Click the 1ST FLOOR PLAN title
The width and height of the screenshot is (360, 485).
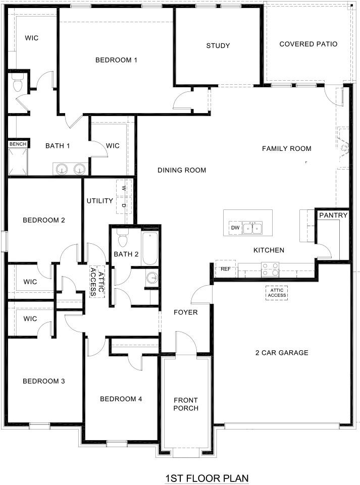207,477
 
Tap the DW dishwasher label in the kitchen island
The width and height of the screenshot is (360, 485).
235,228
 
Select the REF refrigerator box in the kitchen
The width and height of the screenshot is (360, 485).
226,269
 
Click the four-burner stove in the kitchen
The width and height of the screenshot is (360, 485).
270,269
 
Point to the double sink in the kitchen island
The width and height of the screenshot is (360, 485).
252,228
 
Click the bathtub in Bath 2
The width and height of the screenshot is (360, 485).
150,248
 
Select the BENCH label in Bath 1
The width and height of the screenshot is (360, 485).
18,144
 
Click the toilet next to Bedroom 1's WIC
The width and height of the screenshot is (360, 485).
18,83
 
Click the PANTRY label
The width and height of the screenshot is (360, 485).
333,215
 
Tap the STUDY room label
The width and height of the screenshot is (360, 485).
218,46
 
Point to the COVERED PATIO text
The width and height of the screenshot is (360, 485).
308,44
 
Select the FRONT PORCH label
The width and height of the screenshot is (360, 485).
186,404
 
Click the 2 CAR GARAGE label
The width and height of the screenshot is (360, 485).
281,353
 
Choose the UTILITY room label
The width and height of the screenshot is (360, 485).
99,201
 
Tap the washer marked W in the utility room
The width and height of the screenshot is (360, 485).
124,188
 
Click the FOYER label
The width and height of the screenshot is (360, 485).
185,312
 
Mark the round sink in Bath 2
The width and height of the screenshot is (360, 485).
151,277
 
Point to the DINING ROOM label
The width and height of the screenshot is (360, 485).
182,170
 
